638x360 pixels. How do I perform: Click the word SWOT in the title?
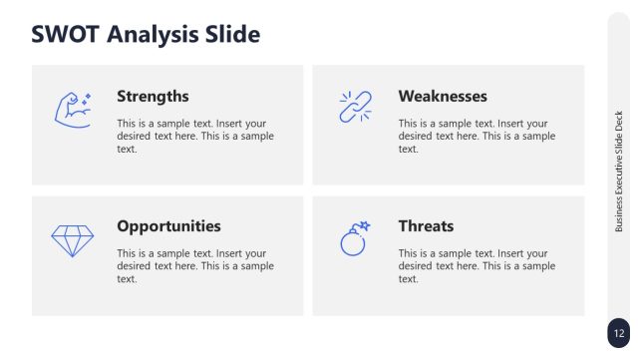click(66, 35)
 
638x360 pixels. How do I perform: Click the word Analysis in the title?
click(152, 35)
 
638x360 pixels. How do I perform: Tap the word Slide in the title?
click(231, 35)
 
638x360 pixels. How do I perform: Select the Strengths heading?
click(153, 97)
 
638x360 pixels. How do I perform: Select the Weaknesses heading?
click(443, 97)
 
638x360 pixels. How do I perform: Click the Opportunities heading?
click(168, 226)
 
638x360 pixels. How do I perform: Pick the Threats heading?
click(426, 226)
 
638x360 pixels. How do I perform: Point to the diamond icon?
click(72, 239)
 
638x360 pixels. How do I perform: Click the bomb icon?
click(354, 240)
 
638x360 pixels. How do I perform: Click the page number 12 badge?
click(619, 333)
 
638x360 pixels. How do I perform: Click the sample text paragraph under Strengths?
click(194, 136)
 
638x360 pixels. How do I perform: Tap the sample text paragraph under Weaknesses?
click(477, 136)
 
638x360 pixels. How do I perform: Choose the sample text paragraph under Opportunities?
click(194, 266)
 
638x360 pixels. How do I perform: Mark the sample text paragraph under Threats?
click(477, 266)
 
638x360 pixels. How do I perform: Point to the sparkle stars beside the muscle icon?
click(87, 98)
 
